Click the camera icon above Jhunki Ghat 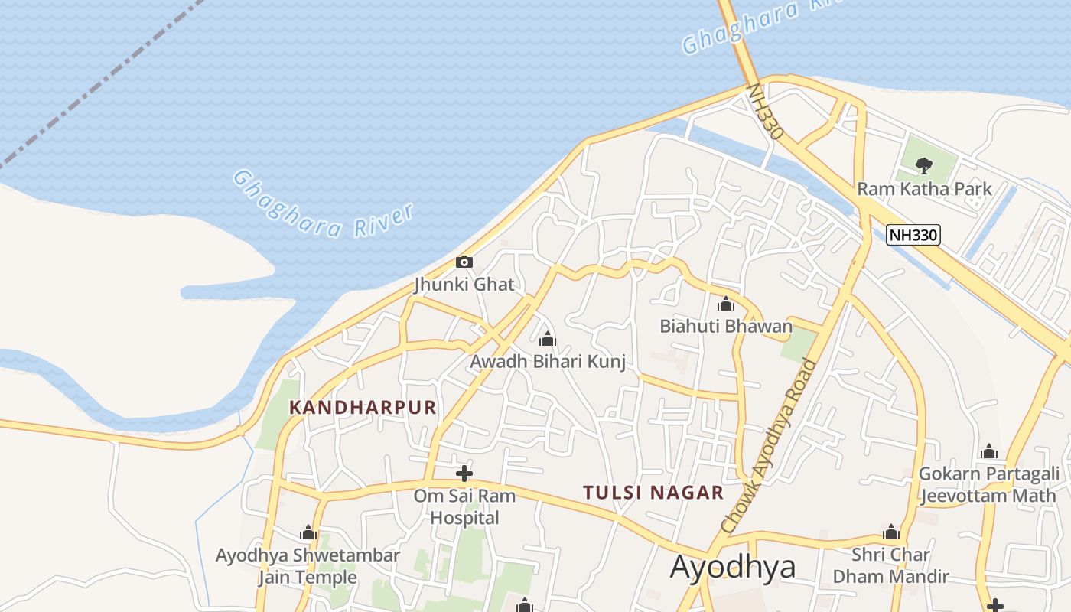click(x=464, y=262)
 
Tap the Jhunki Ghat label click(x=464, y=285)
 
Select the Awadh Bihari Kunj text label click(x=548, y=361)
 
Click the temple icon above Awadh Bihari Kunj click(x=548, y=339)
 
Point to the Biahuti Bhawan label click(x=726, y=327)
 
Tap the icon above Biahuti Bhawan click(x=726, y=304)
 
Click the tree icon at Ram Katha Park click(x=924, y=165)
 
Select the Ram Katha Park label click(x=924, y=188)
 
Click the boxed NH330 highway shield click(x=913, y=235)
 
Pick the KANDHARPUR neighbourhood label click(x=363, y=408)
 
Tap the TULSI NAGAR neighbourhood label click(x=653, y=493)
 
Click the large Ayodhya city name click(x=732, y=567)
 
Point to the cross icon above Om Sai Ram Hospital click(x=464, y=473)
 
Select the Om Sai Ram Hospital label click(x=464, y=506)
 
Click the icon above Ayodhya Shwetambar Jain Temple click(x=308, y=532)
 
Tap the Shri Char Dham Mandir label click(x=890, y=565)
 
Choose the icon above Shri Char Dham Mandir click(x=890, y=532)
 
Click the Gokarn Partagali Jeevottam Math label click(x=989, y=484)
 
